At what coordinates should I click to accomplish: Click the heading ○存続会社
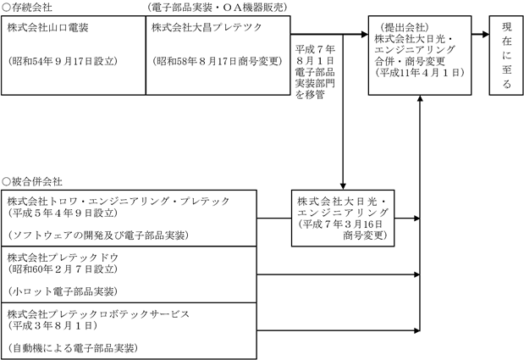pyautogui.click(x=27, y=6)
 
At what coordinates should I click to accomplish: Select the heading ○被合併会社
pyautogui.click(x=32, y=182)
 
